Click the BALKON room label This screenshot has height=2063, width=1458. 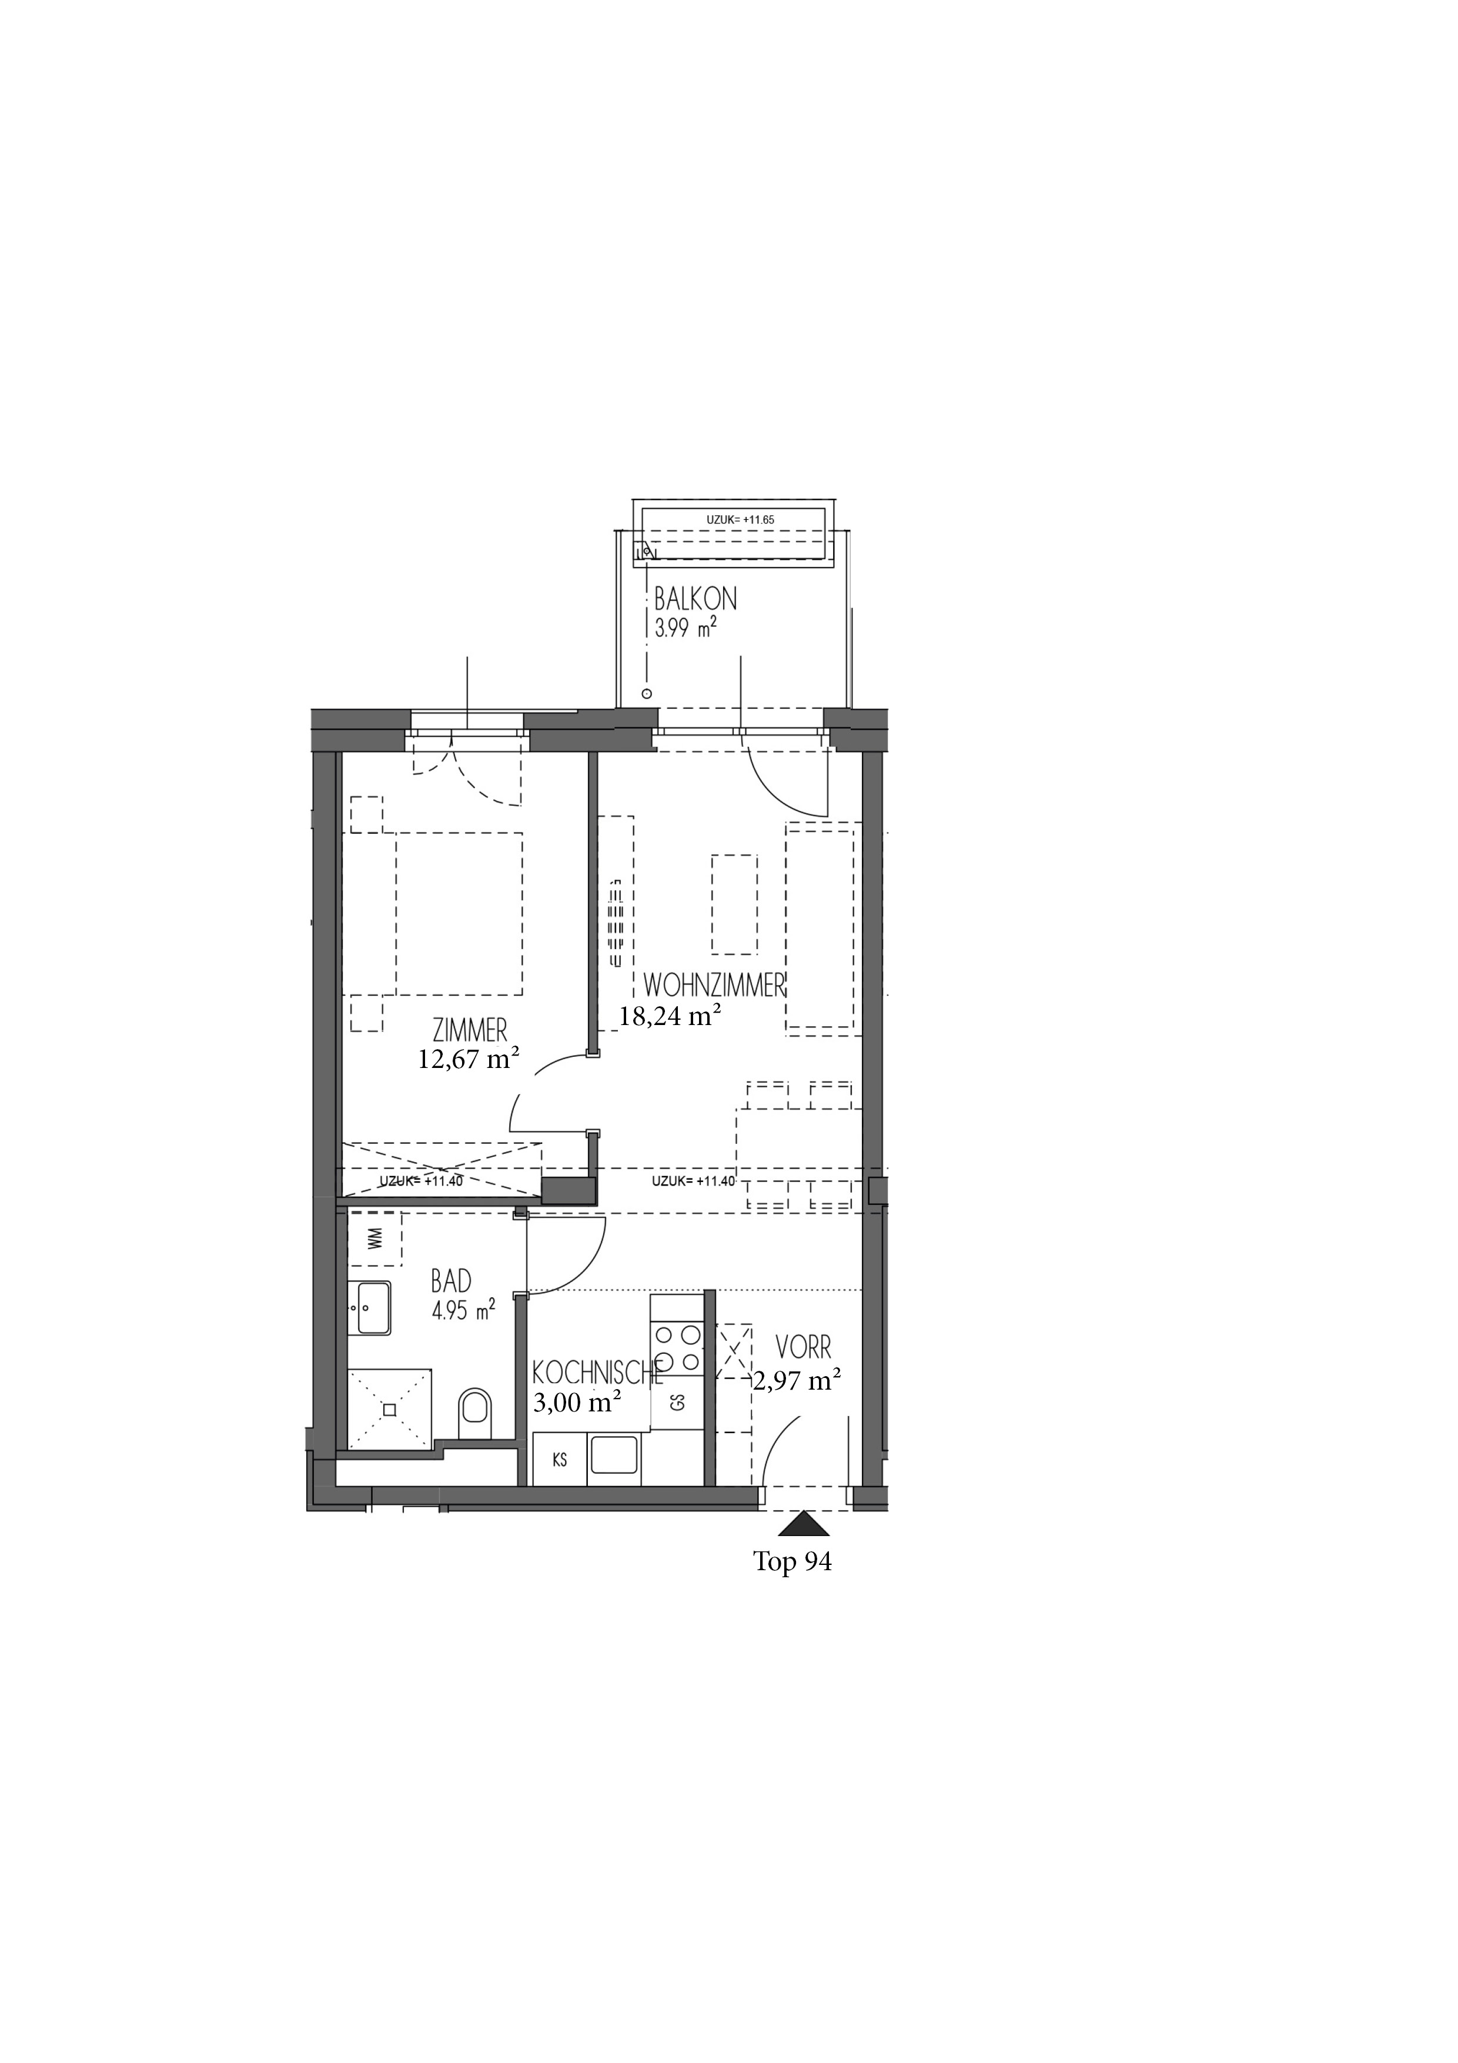pyautogui.click(x=695, y=599)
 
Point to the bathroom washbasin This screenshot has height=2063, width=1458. pyautogui.click(x=369, y=1308)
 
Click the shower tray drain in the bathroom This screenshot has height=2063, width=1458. pyautogui.click(x=389, y=1410)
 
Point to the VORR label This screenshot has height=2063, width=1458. pyautogui.click(x=804, y=1372)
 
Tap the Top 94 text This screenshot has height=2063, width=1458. pyautogui.click(x=792, y=1561)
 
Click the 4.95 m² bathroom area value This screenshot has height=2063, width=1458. pyautogui.click(x=463, y=1311)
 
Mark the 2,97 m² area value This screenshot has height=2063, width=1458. pyautogui.click(x=797, y=1406)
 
